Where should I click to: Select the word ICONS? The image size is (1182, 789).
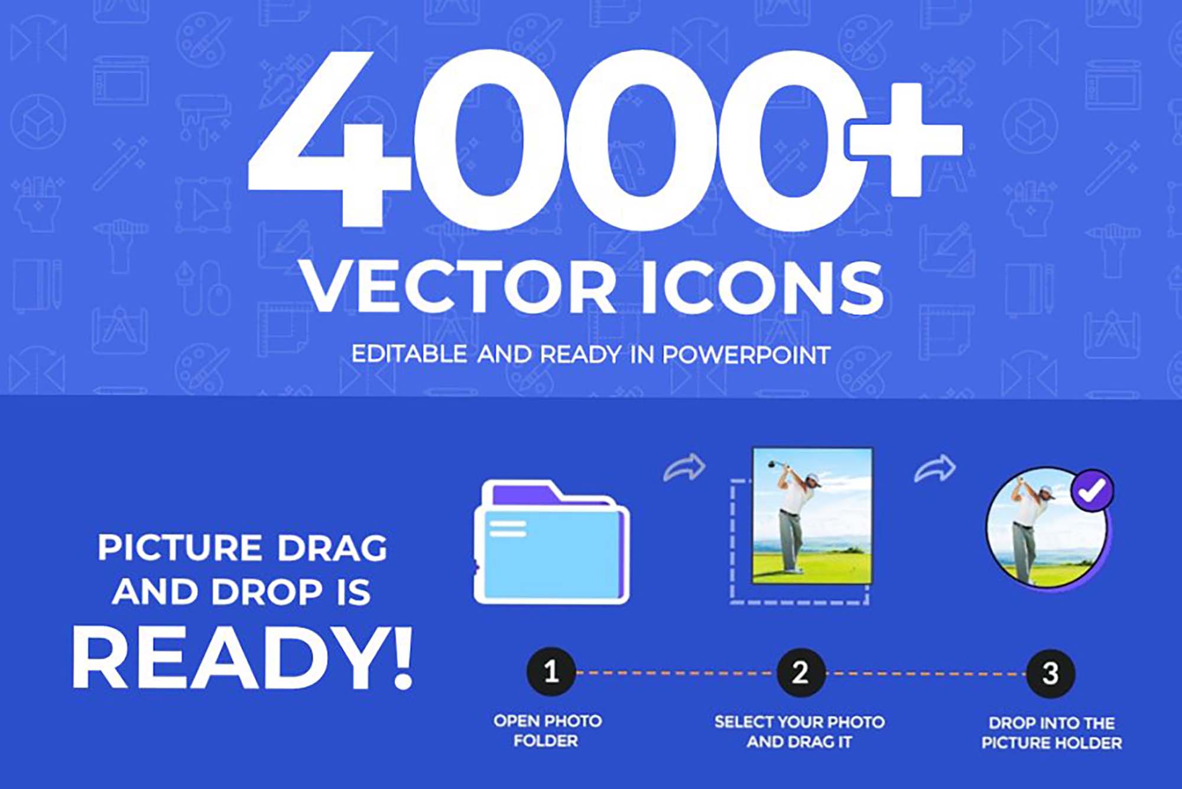point(762,288)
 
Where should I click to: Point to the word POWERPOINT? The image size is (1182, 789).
point(746,355)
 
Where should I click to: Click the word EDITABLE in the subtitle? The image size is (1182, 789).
point(410,354)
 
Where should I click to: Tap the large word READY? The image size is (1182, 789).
point(242,658)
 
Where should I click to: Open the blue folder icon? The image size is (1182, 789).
point(551,542)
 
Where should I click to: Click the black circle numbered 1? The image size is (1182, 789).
point(551,672)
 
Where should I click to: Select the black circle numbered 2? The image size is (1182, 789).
point(800,672)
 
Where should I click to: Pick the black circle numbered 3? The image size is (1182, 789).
point(1050,673)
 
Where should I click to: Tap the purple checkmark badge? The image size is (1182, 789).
point(1092,490)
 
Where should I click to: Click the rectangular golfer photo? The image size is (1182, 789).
point(812,516)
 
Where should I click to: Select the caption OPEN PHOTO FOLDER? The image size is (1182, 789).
point(547,731)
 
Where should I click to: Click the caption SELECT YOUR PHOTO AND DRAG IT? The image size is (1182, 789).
point(800,732)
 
